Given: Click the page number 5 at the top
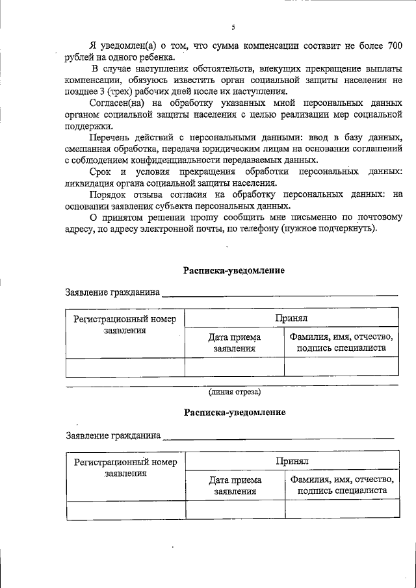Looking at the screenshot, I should coord(233,27).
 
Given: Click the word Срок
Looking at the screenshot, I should coord(100,172).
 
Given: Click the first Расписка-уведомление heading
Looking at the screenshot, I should coord(234,270).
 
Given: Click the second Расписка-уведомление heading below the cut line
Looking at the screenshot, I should coord(234,412).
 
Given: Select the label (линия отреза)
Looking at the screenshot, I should coord(234,392).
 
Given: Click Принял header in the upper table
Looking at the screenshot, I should coord(291,318).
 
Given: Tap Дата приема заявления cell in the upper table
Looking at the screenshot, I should coord(234,342).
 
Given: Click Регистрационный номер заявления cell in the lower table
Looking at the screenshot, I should coord(125,468).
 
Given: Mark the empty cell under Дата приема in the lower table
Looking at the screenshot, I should coord(235,510).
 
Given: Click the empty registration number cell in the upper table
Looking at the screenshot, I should coord(125,367).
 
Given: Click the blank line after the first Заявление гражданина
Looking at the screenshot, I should coord(279,294).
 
